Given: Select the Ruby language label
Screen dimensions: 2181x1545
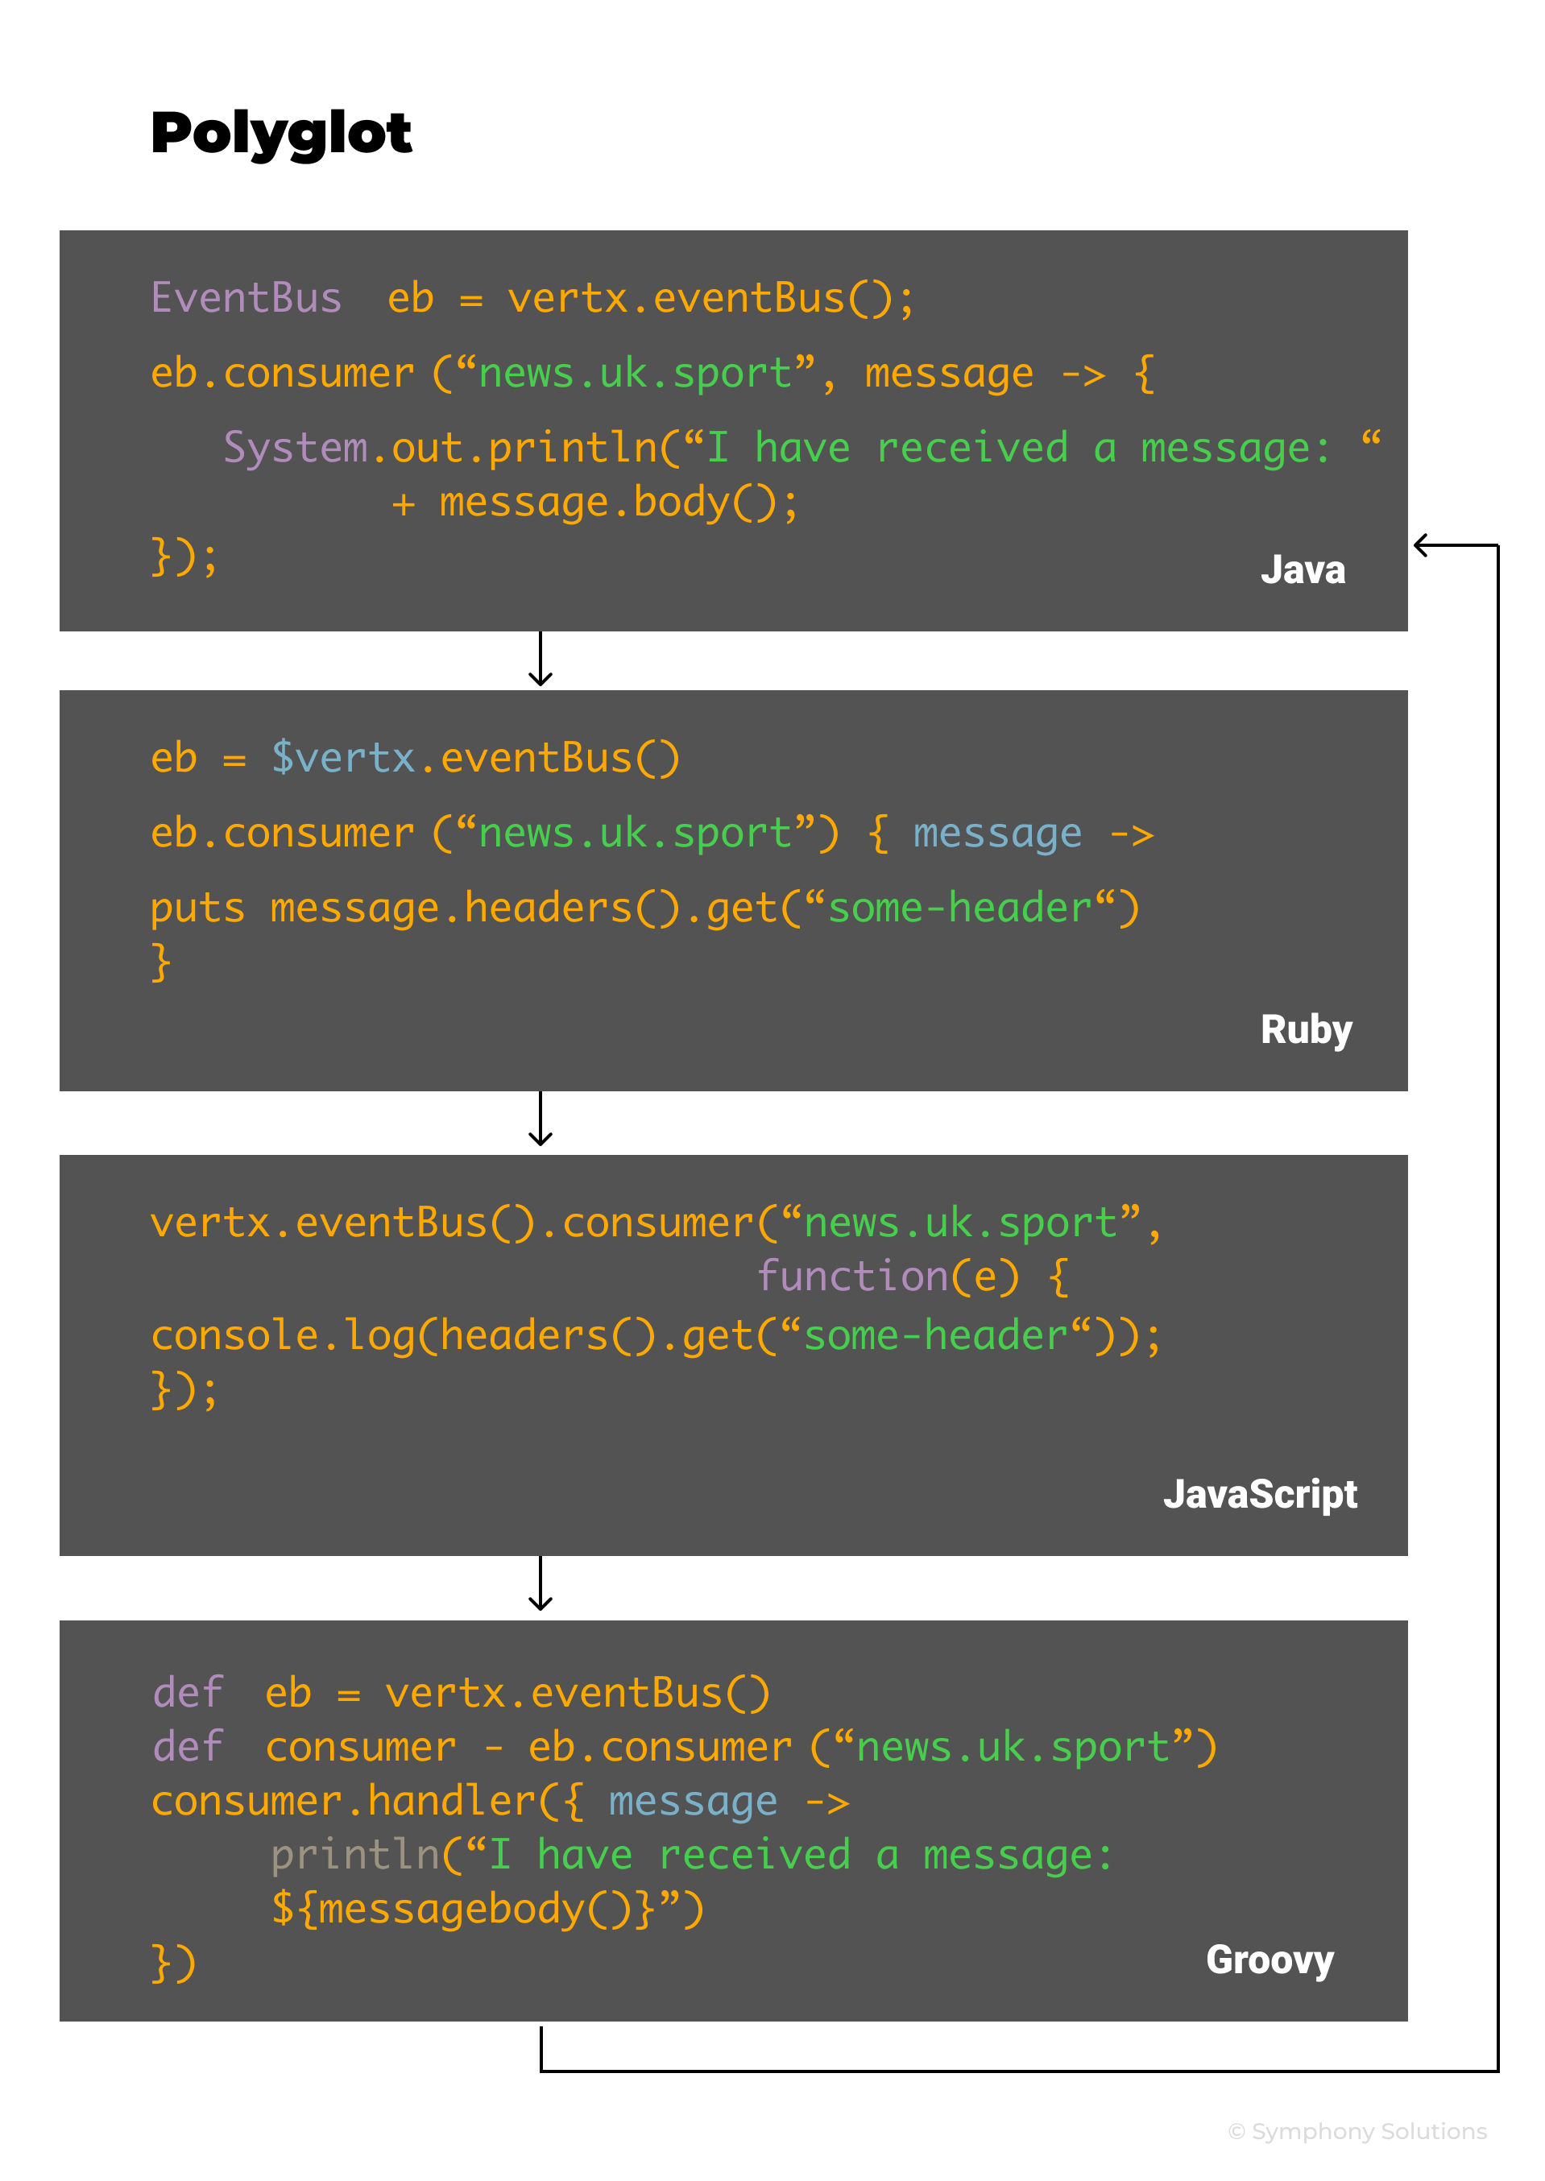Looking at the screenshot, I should pos(1305,1031).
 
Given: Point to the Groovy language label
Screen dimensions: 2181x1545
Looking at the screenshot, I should pos(1270,1960).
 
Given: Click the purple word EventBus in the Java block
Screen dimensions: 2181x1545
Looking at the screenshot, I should pos(246,299).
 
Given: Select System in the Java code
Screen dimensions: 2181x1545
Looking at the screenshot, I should pos(295,448).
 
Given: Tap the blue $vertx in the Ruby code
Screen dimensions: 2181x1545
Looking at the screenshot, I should pos(342,759).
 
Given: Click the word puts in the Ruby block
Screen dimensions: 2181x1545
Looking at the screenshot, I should pos(197,909).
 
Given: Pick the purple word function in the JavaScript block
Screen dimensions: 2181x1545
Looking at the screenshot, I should pos(851,1277).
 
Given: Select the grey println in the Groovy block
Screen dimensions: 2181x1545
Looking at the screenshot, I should pos(354,1856).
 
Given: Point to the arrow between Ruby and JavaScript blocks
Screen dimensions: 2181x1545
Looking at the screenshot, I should pos(541,1120).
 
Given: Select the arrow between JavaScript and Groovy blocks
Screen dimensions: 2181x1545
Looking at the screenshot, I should pos(541,1586).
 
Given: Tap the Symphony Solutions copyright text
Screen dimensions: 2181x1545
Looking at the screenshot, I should pos(1357,2132).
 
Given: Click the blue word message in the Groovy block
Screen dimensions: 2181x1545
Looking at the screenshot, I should pos(693,1802).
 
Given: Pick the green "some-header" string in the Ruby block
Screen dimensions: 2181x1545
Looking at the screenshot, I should pos(959,909).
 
